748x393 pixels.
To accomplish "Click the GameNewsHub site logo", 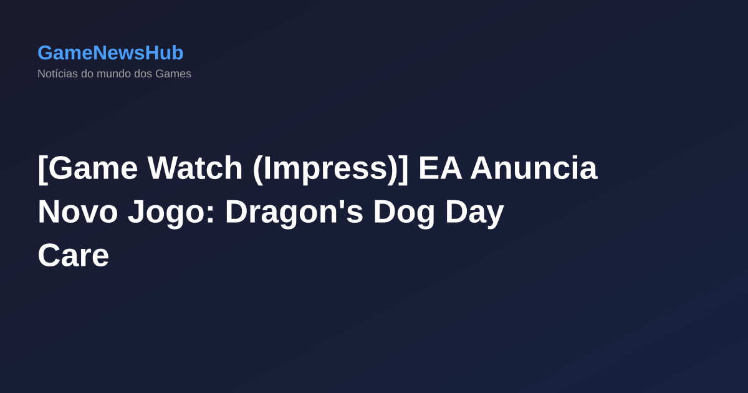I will click(110, 53).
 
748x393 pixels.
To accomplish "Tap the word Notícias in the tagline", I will click(57, 74).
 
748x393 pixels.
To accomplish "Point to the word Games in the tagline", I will click(173, 74).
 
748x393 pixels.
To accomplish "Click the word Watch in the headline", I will click(195, 168).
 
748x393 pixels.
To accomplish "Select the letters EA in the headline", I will click(440, 168).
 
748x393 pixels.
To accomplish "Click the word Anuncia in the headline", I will click(534, 168).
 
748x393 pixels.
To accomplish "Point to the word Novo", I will click(78, 212).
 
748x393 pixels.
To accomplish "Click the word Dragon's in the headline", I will click(294, 212).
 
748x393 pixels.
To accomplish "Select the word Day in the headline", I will click(474, 212).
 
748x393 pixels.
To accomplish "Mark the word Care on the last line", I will click(73, 256).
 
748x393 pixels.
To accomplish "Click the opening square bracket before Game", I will click(42, 168).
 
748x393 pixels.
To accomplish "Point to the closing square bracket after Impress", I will click(403, 168).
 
